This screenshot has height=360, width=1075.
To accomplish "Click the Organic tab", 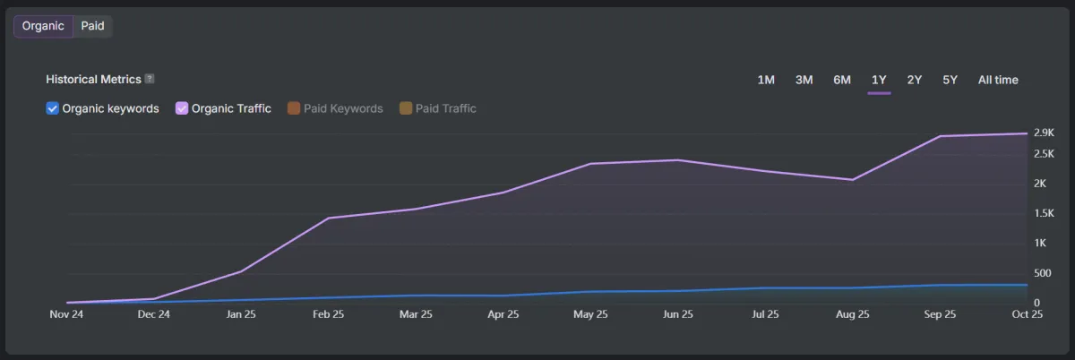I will click(x=43, y=26).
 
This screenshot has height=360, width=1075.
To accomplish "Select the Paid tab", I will click(x=92, y=26).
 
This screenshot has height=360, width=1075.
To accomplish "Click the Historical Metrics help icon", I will click(x=150, y=79).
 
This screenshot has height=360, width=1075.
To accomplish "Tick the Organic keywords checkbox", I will click(x=52, y=108).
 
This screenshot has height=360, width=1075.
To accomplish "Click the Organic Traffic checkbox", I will click(x=182, y=108).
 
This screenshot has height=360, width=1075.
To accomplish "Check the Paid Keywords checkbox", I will click(x=293, y=108).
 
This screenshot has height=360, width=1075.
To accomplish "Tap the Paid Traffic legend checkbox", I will click(x=406, y=108).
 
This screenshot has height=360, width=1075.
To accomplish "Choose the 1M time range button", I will click(x=766, y=80).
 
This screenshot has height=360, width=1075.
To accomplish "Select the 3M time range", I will click(x=804, y=80).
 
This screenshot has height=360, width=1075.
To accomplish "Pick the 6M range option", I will click(x=842, y=80).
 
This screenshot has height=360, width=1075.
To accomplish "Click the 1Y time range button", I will click(x=879, y=80).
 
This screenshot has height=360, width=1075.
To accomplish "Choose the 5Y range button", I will click(x=950, y=80).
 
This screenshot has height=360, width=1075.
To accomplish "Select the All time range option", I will click(x=998, y=80).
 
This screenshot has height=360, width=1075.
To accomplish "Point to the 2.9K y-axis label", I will click(x=1044, y=133).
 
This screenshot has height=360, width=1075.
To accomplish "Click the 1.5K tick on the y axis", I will click(x=1044, y=212).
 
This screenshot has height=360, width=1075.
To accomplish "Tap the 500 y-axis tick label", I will click(x=1042, y=273).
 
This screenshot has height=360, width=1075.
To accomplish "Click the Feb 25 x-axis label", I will click(x=329, y=314).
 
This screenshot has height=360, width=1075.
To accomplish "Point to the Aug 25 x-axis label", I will click(x=852, y=314).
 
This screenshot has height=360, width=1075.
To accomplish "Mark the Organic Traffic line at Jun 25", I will click(x=678, y=160).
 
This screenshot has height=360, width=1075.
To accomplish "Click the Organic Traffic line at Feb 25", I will click(x=329, y=218).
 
